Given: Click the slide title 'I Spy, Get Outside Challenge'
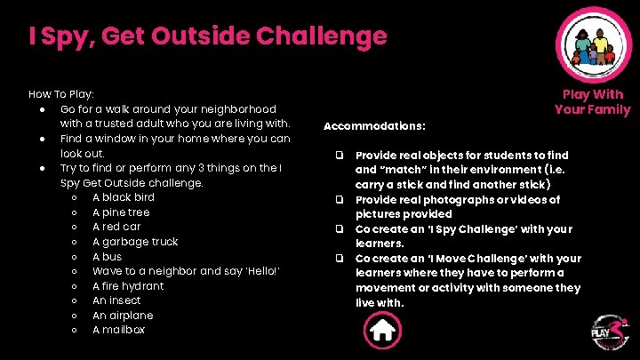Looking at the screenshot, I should pos(208,36).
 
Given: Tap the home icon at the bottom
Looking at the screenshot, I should pos(382,332).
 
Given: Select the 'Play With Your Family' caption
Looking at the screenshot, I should pos(592,102).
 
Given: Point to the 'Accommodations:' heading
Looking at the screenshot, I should pos(374,125).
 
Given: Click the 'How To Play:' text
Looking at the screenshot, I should pos(61,93).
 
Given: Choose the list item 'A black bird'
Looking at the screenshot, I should pos(124,197).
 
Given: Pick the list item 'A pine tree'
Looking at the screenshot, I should pos(121,212).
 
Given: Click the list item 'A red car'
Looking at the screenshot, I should pos(116,227).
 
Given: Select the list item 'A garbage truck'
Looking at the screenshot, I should pos(135,242).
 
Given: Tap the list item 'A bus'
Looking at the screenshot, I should pos(107,256).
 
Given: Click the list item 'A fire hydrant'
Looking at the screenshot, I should pos(128,286).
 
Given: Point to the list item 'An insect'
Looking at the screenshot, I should pos(116,300).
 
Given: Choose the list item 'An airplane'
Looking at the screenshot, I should pos(123,316).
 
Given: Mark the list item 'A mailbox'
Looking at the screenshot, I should pos(119,330).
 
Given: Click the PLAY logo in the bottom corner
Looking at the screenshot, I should pos(609,333).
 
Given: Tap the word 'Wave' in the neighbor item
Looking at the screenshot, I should pos(108,271).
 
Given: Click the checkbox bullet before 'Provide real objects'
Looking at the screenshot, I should pos(340,156).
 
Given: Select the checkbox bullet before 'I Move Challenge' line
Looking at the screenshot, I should pos(340,259).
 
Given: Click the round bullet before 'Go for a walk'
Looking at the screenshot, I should pos(43,108).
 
